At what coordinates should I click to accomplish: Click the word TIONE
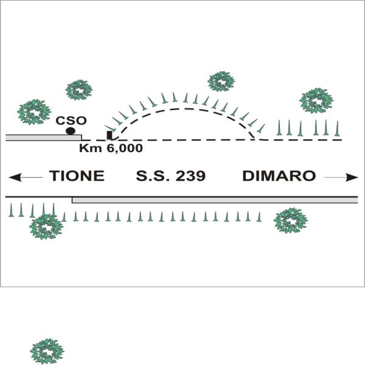pyautogui.click(x=77, y=176)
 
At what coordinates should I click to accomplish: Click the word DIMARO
pyautogui.click(x=279, y=176)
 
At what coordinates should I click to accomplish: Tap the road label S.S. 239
pyautogui.click(x=171, y=176)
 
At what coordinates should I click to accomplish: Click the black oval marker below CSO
pyautogui.click(x=71, y=131)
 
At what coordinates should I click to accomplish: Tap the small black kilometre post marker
pyautogui.click(x=109, y=135)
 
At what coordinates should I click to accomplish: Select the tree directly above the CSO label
pyautogui.click(x=79, y=90)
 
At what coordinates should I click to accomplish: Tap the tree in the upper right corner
pyautogui.click(x=316, y=100)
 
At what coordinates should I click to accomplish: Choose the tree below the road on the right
pyautogui.click(x=291, y=220)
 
